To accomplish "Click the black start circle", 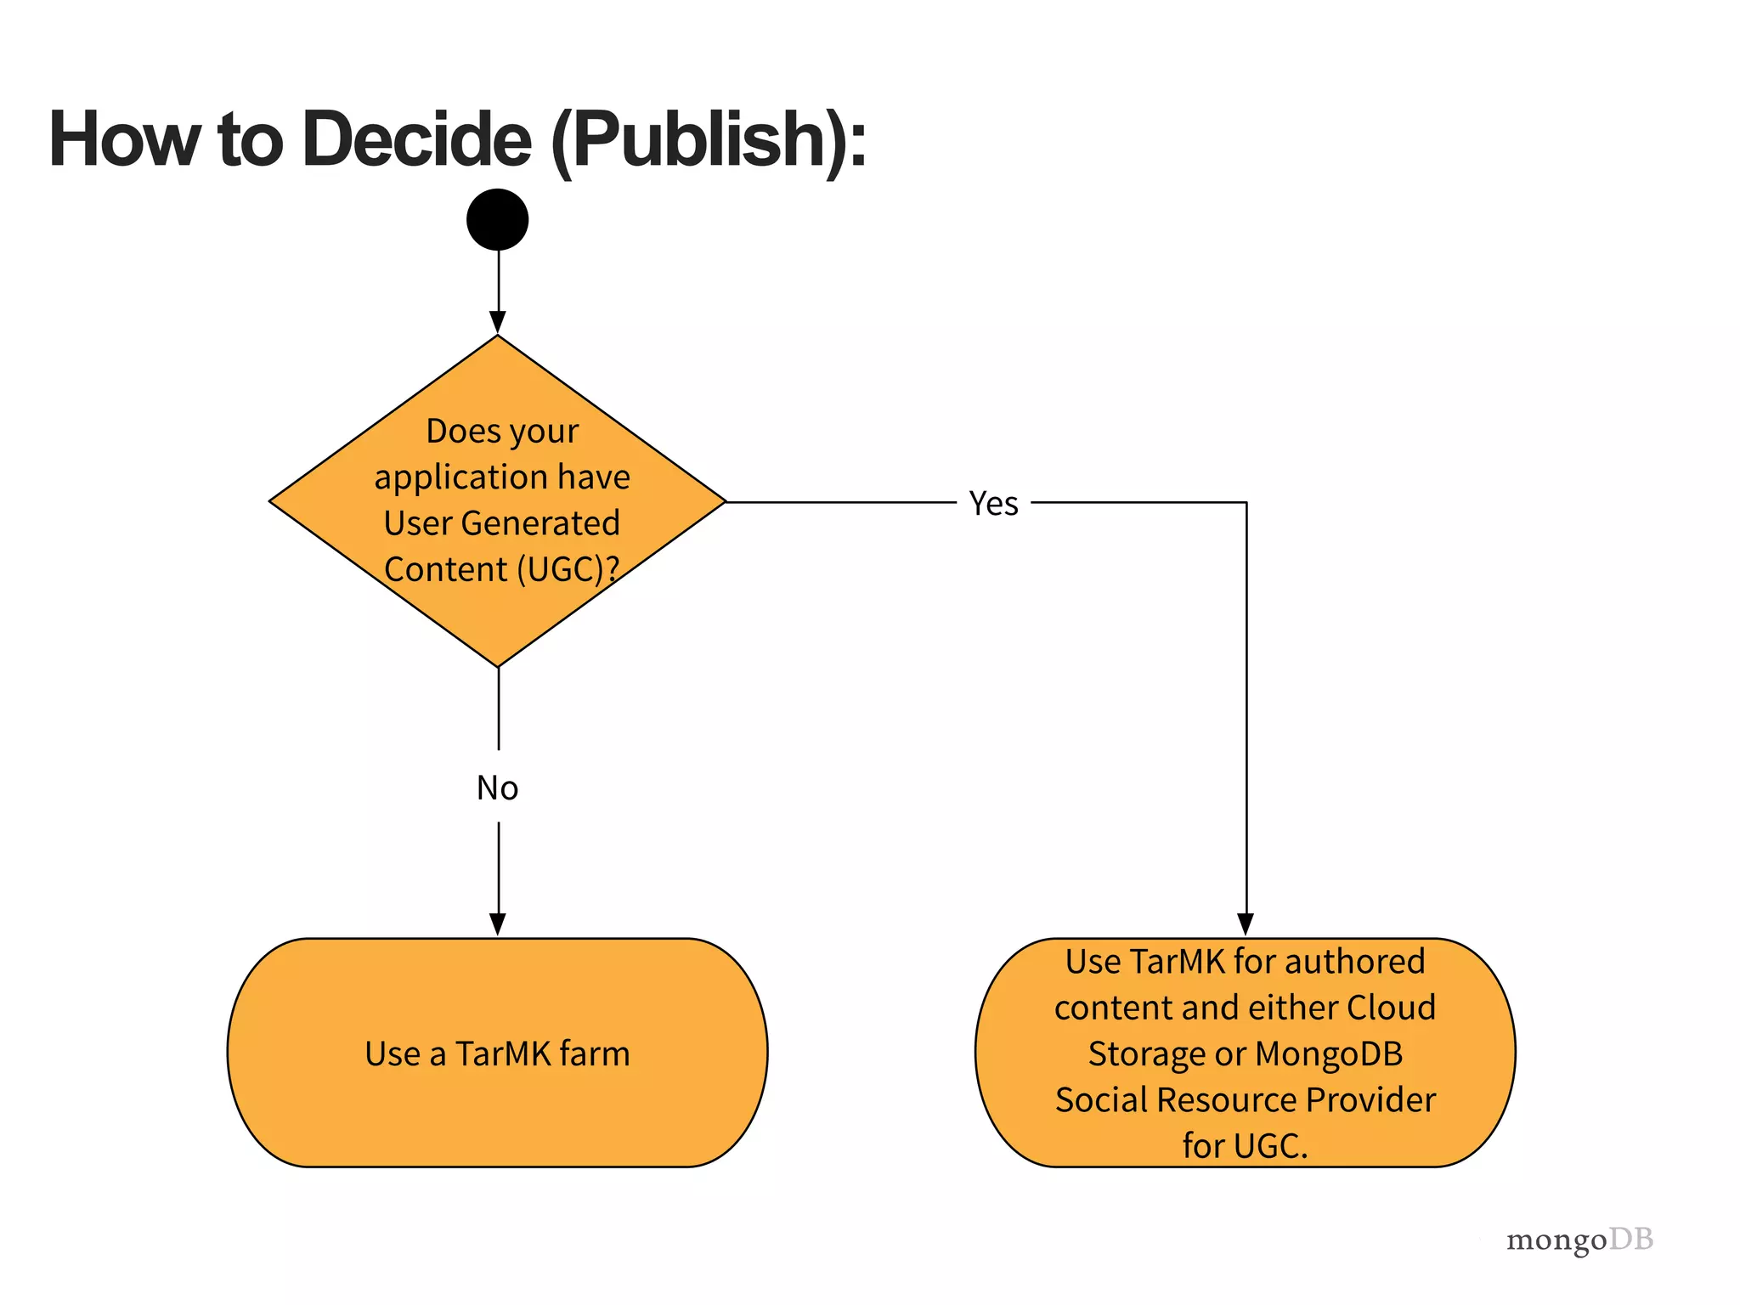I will click(x=498, y=219).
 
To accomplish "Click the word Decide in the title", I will click(x=416, y=139).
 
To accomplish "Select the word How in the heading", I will click(x=124, y=139).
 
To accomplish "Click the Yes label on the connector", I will click(x=993, y=504).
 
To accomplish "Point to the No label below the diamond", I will click(x=497, y=788).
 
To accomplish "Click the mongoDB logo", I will click(x=1579, y=1240).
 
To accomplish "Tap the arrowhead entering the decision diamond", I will click(x=498, y=323).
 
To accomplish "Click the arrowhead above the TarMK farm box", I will click(x=498, y=924).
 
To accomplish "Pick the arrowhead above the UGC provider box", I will click(x=1246, y=924).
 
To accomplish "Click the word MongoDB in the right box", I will click(x=1329, y=1054).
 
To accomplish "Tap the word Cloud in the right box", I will click(x=1391, y=1008).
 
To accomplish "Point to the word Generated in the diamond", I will click(x=540, y=523).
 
